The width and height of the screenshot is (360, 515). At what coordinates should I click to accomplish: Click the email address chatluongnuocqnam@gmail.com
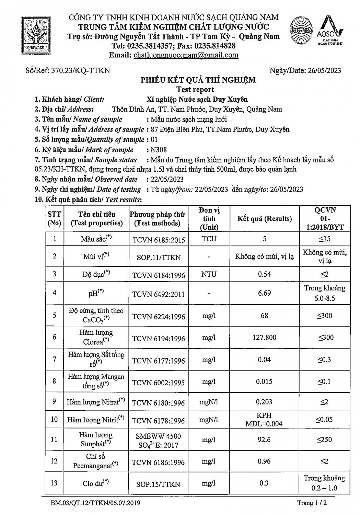tap(186, 55)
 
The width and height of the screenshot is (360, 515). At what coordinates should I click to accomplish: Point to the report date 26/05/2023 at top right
tap(324, 70)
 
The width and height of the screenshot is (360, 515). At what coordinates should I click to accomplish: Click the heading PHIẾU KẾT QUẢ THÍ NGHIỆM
tap(198, 80)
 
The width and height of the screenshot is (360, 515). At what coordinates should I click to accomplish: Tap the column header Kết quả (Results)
tap(264, 219)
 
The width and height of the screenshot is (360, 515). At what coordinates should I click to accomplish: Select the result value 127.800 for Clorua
tap(264, 337)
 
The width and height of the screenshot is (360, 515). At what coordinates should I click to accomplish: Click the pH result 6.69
tap(264, 293)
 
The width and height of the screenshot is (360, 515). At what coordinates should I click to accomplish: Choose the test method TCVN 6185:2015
tap(158, 239)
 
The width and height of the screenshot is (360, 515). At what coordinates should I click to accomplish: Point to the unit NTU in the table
tap(209, 274)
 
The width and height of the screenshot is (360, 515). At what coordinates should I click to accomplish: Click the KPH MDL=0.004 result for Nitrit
tap(264, 420)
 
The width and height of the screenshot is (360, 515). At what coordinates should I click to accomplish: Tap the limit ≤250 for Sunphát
tap(324, 439)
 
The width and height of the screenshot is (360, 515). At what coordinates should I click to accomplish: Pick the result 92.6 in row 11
tap(264, 439)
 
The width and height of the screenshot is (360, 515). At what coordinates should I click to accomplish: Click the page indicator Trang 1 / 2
tap(311, 503)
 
